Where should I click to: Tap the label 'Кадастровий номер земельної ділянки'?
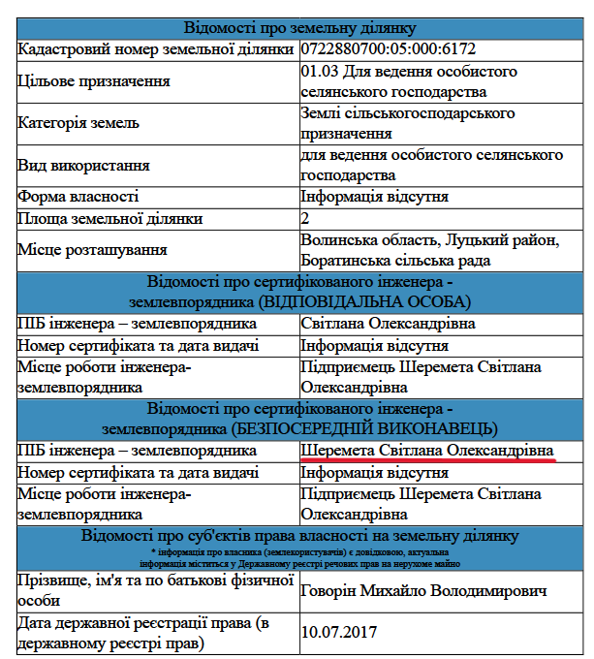coord(155,47)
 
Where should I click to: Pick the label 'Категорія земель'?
coord(78,123)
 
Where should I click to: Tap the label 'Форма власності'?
coord(78,197)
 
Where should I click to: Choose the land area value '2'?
coord(305,218)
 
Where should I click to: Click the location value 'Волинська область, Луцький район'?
coord(429,239)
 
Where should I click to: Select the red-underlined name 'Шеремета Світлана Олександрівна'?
coord(427,451)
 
